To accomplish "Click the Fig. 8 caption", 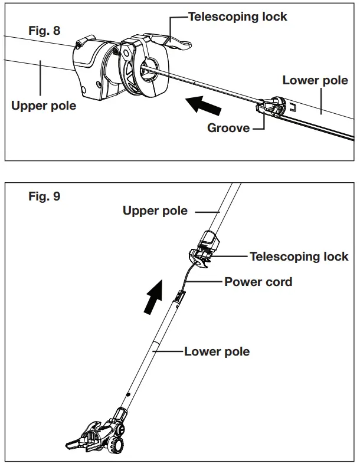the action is tap(44, 31).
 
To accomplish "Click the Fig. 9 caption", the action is tap(44, 196).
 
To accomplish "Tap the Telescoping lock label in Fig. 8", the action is tap(237, 17).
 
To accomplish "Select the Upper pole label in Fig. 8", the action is tap(44, 106).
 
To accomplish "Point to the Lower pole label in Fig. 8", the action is tap(315, 80).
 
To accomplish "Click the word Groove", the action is tap(228, 128).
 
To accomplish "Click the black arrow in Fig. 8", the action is tap(204, 105).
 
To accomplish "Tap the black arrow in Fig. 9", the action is tap(153, 297).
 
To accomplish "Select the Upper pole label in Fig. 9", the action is tap(155, 211).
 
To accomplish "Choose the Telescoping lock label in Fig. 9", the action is tap(299, 256).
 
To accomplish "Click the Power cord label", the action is tap(258, 282).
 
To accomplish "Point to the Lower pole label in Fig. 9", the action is tap(217, 351).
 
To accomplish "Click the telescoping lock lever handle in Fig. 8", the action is tap(176, 43).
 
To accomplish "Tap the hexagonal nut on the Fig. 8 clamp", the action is tap(126, 52).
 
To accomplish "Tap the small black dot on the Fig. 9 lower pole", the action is tap(129, 394).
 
